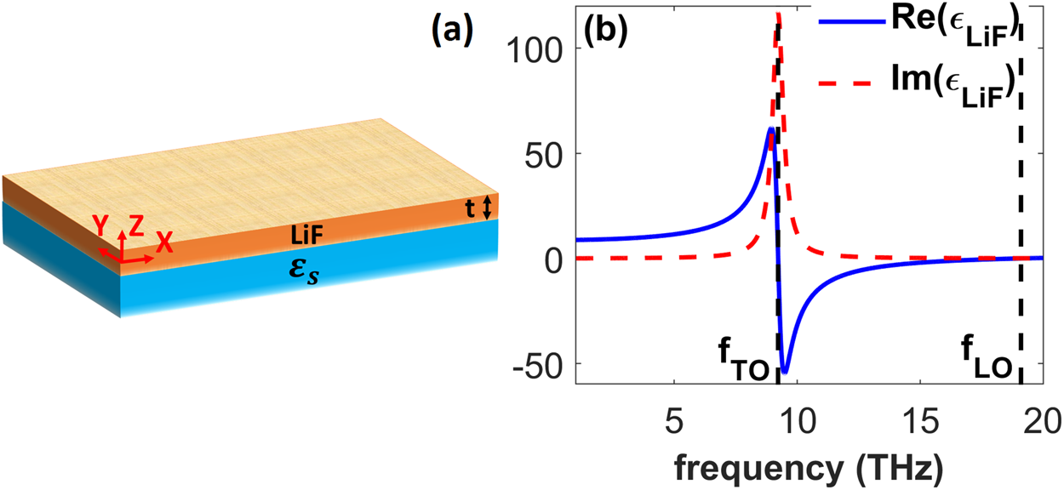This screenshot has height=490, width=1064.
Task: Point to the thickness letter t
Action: click(x=469, y=208)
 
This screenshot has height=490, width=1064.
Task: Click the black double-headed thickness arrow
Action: click(x=487, y=208)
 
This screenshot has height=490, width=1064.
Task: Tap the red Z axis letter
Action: click(x=134, y=225)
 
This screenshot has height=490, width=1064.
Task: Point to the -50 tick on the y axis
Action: click(x=536, y=363)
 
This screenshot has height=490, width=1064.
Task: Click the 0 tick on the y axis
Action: click(x=555, y=259)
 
